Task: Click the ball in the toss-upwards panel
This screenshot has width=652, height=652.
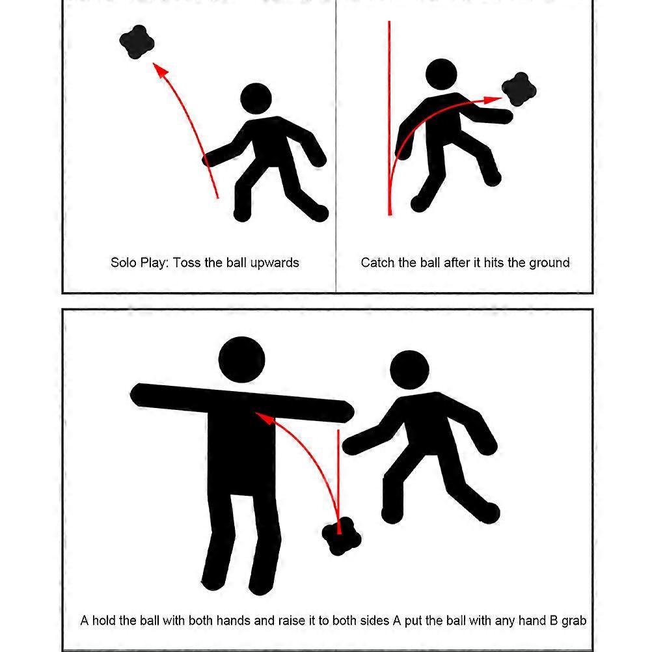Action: coord(137,42)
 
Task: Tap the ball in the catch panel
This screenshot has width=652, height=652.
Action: coord(519,89)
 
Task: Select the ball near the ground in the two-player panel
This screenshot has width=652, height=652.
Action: coord(342,536)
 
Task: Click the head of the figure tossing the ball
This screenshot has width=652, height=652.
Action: coord(256,100)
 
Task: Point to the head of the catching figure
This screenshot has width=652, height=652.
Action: coord(441,74)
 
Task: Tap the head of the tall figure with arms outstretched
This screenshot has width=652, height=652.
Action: coord(241,360)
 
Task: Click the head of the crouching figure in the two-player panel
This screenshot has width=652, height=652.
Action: coord(409,370)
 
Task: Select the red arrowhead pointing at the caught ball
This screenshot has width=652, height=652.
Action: coord(493,100)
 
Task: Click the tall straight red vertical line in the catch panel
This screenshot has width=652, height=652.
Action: coord(390,118)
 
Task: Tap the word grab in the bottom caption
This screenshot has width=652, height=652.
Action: coord(574,621)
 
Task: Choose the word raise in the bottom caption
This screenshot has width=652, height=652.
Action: coord(292,621)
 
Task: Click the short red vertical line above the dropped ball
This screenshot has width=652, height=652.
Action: coord(338,482)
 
